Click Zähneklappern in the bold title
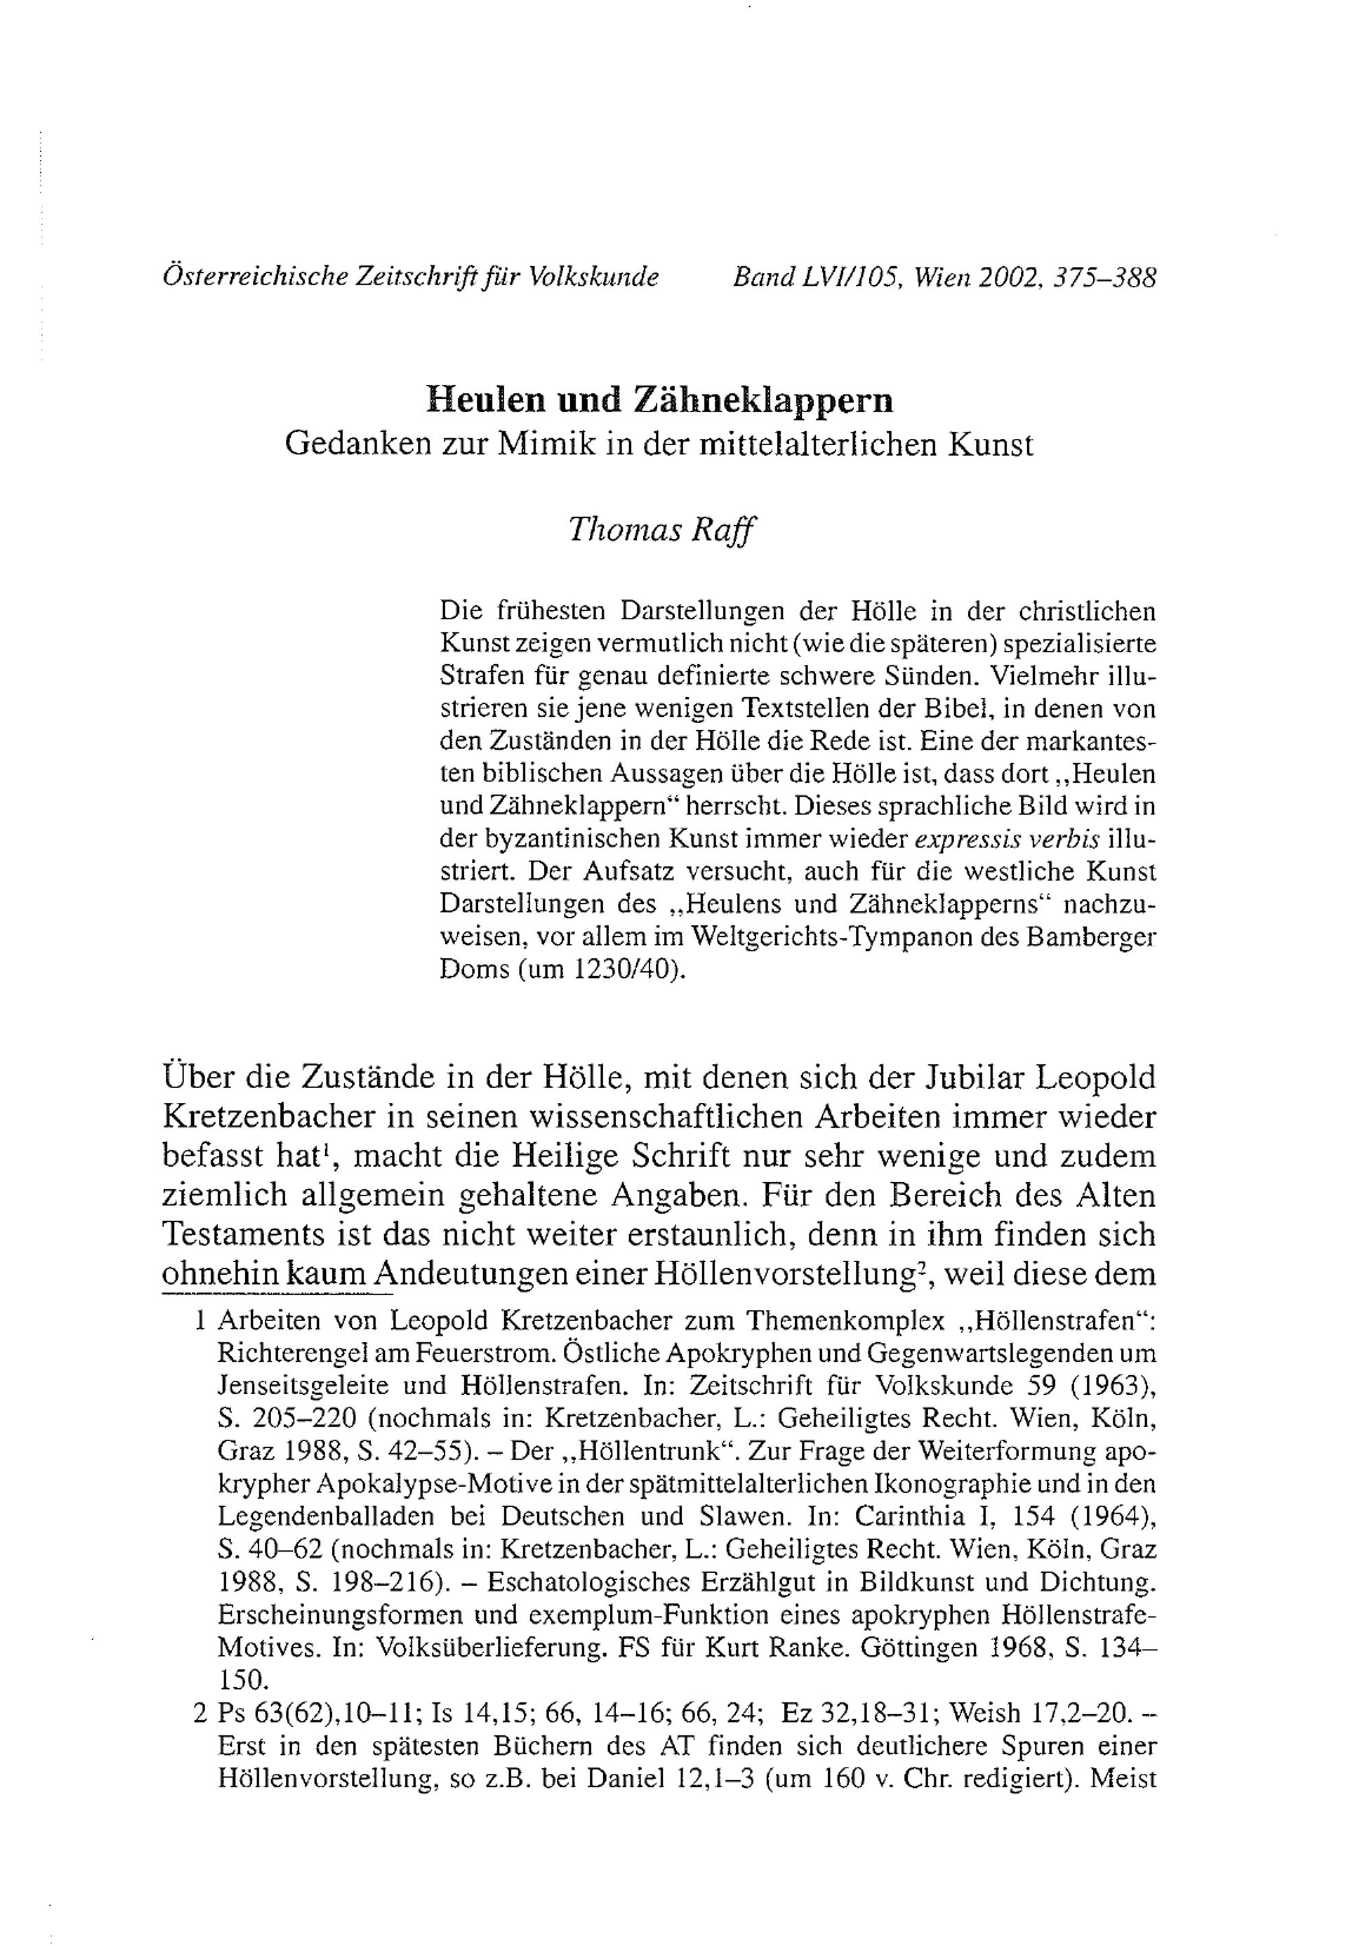click(764, 399)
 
